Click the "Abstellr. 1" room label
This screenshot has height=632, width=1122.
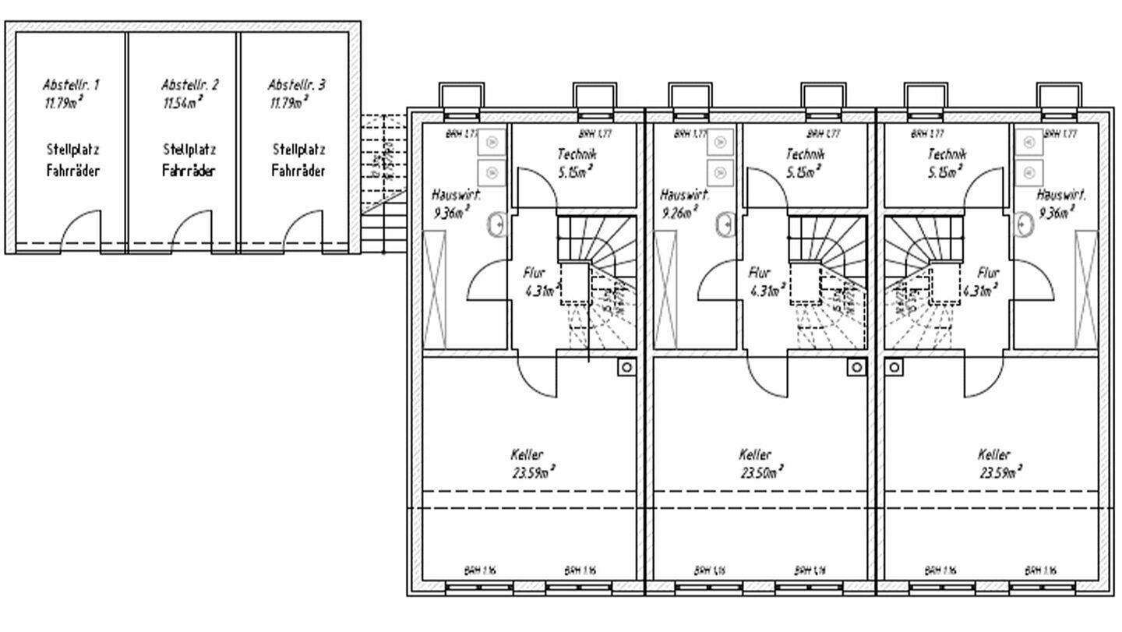(x=71, y=84)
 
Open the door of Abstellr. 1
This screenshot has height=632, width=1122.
(x=80, y=231)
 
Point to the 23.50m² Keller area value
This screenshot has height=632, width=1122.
(x=761, y=471)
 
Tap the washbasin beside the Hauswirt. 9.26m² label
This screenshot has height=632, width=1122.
(x=725, y=224)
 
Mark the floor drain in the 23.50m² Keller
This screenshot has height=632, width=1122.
(x=856, y=367)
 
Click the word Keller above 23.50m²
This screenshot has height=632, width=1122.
(x=755, y=454)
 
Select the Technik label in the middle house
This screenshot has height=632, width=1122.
(x=805, y=154)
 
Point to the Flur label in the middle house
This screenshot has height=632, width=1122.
(x=760, y=274)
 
